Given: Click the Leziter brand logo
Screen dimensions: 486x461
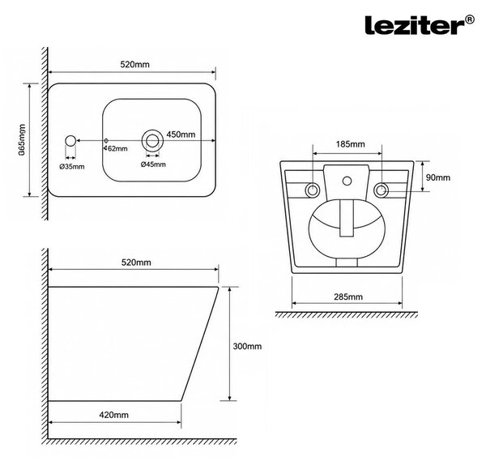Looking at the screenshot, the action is (420, 24).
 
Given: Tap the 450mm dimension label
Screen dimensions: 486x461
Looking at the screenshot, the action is (181, 134).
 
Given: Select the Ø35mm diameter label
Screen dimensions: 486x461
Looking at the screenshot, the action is (72, 167).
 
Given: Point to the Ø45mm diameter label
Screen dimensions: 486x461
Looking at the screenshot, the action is (153, 164).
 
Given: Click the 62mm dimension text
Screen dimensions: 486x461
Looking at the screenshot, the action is (117, 149).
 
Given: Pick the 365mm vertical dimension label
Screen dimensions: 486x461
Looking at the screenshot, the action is (22, 140).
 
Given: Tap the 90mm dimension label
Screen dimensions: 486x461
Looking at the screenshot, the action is (438, 177).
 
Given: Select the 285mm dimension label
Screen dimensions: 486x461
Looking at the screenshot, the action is (348, 297).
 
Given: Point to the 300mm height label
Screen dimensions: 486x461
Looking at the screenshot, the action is (247, 346).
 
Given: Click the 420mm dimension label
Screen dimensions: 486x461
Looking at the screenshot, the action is (113, 415).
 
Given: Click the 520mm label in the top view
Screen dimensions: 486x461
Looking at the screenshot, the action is (134, 65).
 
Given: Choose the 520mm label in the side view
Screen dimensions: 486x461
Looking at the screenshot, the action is (136, 263).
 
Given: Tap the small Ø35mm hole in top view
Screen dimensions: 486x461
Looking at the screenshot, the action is (70, 141).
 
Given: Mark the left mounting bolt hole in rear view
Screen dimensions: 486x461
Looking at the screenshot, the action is (313, 190).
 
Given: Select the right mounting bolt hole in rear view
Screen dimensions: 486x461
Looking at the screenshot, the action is (381, 190).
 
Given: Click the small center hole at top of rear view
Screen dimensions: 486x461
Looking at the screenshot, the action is (347, 181).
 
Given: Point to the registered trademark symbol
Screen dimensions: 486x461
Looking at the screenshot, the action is (470, 19).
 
